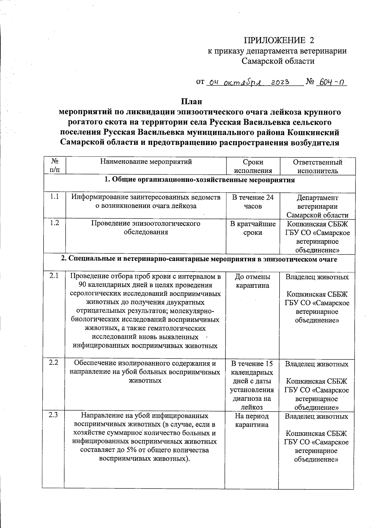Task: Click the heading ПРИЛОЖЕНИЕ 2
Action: pyautogui.click(x=279, y=40)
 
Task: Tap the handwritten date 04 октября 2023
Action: pyautogui.click(x=249, y=82)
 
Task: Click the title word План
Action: pyautogui.click(x=191, y=101)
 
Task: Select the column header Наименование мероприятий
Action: pyautogui.click(x=146, y=162)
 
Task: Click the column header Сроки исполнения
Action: pyautogui.click(x=253, y=166)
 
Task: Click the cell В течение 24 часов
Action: pyautogui.click(x=253, y=201)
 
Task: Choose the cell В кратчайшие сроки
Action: pyautogui.click(x=253, y=228)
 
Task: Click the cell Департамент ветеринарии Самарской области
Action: pyautogui.click(x=317, y=206)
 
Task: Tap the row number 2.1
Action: pyautogui.click(x=54, y=276)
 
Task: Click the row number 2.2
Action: pyautogui.click(x=54, y=363)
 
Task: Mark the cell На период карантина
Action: pyautogui.click(x=252, y=420)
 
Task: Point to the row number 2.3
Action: pyautogui.click(x=53, y=415)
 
